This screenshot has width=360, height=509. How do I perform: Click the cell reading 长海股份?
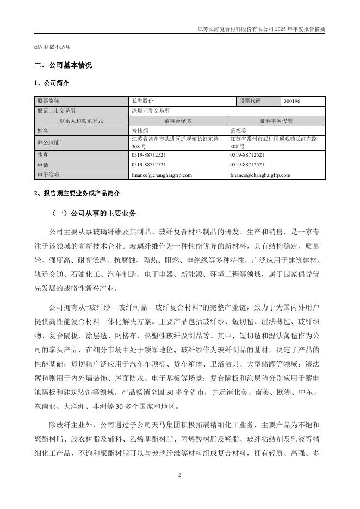142,101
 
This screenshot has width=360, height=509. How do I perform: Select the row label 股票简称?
47,101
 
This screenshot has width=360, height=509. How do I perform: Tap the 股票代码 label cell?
250,101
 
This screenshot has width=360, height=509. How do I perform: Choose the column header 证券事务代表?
276,120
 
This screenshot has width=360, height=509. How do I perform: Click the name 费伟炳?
140,131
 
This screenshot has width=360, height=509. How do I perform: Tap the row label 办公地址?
47,143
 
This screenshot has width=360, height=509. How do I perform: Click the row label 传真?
42,156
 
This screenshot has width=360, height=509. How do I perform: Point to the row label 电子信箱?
47,175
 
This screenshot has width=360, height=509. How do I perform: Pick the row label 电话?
42,165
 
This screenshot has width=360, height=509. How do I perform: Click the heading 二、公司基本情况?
63,65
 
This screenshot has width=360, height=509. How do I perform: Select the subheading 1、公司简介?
52,83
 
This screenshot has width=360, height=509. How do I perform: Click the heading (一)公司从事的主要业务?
94,213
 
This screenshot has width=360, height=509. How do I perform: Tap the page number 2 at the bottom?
179,475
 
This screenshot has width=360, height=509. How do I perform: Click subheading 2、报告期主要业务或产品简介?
77,194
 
